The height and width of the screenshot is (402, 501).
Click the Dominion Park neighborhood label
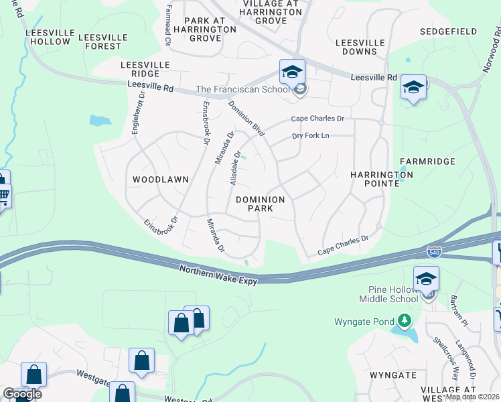(x=261, y=204)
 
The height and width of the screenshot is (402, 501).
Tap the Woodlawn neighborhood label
(x=161, y=180)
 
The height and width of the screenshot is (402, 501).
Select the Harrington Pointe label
(x=382, y=179)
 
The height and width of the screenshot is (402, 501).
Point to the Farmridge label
(x=427, y=161)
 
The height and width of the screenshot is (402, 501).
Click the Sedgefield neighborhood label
(x=449, y=31)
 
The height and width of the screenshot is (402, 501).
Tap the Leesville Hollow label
(x=48, y=37)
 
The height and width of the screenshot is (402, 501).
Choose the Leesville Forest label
(x=100, y=42)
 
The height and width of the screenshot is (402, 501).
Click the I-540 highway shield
(x=433, y=252)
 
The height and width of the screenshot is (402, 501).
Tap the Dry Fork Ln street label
(x=311, y=136)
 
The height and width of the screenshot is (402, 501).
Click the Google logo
(x=22, y=393)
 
